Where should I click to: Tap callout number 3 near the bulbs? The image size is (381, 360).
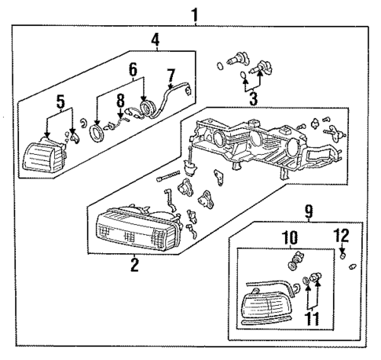(x=252, y=99)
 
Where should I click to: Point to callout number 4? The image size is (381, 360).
(x=156, y=38)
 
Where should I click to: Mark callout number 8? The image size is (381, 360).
(x=120, y=100)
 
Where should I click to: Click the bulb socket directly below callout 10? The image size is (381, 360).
(x=297, y=259)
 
